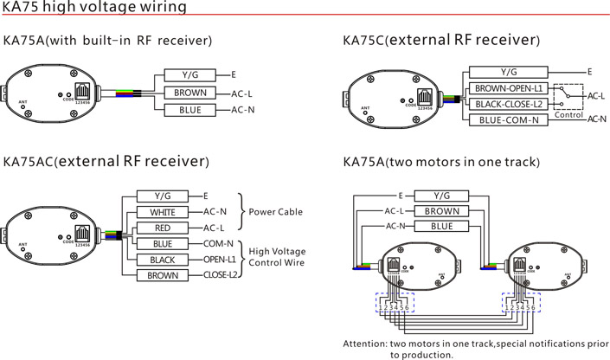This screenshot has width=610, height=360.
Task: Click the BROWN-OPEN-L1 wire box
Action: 510,88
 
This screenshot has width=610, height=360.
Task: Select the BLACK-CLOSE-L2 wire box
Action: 510,104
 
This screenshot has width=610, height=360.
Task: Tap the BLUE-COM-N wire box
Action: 510,120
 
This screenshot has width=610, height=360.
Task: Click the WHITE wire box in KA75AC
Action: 163,212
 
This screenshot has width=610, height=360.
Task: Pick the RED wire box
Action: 163,228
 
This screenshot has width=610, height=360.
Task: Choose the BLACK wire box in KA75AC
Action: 163,260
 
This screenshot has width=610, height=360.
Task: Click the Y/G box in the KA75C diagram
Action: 510,72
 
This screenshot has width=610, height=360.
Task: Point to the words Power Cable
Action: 276,212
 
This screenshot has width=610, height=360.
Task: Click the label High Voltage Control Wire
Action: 278,256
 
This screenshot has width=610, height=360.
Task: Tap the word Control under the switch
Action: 571,115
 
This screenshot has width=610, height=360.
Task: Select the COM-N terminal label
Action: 218,243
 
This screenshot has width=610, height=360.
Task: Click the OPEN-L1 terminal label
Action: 220,259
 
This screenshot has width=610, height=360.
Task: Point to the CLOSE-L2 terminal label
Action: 221,275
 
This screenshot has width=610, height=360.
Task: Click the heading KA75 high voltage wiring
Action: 95,8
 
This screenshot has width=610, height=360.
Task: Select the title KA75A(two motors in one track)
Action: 442,162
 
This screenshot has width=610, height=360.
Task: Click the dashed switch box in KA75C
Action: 569,96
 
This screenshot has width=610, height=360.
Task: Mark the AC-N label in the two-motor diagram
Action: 395,226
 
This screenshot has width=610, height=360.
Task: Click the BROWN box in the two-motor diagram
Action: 442,210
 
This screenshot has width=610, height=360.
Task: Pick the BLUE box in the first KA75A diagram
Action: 190,110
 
